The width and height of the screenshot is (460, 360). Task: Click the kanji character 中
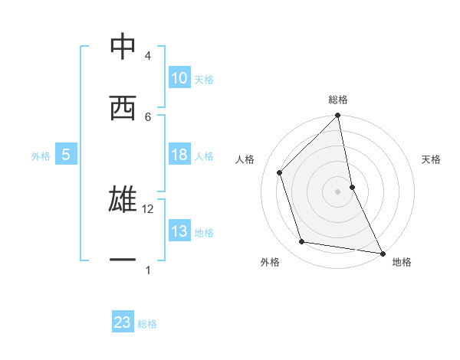[122, 47]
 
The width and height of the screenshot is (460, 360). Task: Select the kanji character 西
[122, 108]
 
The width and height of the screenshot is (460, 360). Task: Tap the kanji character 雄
[122, 200]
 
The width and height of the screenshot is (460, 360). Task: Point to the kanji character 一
[122, 260]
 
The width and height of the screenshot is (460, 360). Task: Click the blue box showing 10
[179, 78]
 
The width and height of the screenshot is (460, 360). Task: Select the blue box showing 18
[179, 155]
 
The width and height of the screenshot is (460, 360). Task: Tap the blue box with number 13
[179, 231]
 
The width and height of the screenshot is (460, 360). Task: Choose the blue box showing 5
[66, 155]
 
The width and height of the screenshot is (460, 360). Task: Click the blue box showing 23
[123, 322]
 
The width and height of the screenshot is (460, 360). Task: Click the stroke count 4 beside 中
[148, 56]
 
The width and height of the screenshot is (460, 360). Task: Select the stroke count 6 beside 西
[148, 116]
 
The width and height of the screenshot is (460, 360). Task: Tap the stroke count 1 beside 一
[148, 270]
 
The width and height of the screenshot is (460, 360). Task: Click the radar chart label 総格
[338, 100]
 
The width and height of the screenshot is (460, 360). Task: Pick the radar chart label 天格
[432, 159]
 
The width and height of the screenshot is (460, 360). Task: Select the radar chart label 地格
[402, 262]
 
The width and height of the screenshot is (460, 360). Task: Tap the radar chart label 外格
[270, 262]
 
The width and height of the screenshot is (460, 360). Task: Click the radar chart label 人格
[245, 159]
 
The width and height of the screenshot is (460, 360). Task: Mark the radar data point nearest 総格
[338, 116]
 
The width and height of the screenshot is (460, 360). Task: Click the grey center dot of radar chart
[338, 191]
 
